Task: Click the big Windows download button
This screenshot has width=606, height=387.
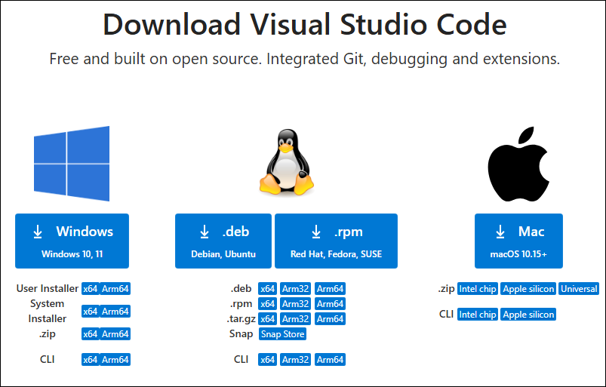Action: [72, 241]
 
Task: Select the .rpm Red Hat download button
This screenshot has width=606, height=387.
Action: [336, 241]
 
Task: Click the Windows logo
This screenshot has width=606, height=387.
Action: [72, 164]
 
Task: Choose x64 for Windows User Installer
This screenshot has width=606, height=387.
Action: [91, 289]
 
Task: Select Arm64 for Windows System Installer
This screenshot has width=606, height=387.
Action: [115, 312]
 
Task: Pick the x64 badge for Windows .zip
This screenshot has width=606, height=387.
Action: [91, 334]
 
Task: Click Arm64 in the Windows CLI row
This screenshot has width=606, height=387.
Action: [115, 360]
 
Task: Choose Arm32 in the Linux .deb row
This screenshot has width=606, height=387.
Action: [296, 289]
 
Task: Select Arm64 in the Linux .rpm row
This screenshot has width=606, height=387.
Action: [330, 304]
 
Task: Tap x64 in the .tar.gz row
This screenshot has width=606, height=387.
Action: [267, 319]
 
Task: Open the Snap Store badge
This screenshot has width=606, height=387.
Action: [282, 334]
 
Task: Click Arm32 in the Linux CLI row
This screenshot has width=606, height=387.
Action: [296, 360]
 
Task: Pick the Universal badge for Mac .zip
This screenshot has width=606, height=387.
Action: [579, 289]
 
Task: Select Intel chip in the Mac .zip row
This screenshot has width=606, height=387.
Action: [478, 289]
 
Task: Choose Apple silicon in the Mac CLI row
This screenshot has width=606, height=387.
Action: [528, 315]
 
